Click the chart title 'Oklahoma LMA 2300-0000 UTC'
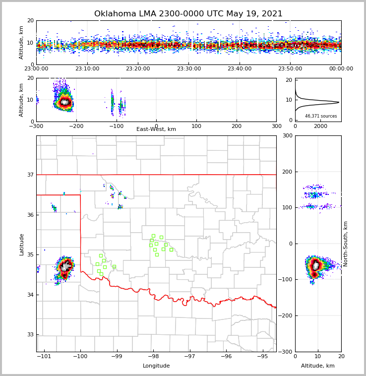tap(188, 14)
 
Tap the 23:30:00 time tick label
tap(188, 69)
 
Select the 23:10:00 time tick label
tap(87, 69)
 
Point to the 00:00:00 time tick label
tap(341, 69)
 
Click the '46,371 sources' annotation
tap(321, 116)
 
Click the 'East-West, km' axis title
tap(156, 129)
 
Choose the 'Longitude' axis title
tap(156, 366)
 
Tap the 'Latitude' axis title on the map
tap(22, 244)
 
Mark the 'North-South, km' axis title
tap(346, 244)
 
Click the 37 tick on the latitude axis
tap(30, 175)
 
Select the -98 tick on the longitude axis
tap(153, 356)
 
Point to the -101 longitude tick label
tap(45, 356)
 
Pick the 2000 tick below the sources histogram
tap(321, 126)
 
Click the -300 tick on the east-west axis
tap(36, 126)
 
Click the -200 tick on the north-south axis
tap(285, 315)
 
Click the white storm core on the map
tap(65, 266)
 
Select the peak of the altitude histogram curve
tap(338, 102)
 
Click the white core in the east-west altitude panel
tap(64, 102)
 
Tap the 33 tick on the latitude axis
tap(30, 334)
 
